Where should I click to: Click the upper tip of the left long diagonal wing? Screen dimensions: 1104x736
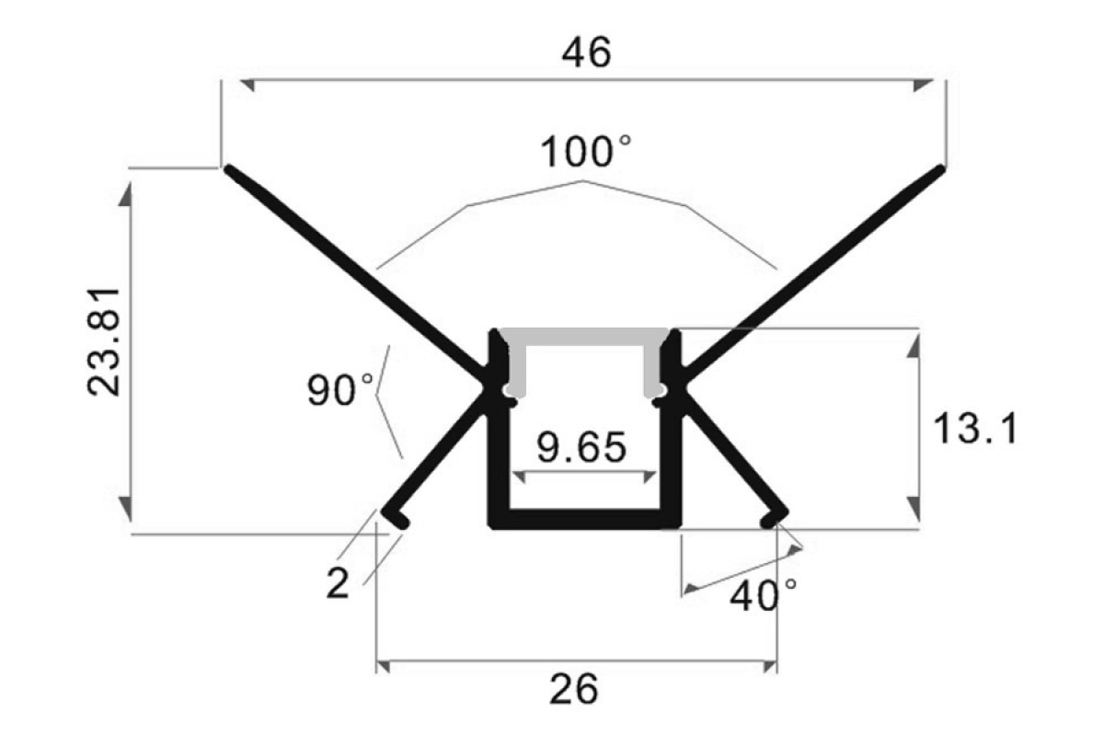pyautogui.click(x=227, y=169)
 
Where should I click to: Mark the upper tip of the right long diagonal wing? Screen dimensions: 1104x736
pyautogui.click(x=941, y=169)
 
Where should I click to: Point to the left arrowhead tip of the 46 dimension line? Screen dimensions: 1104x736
pyautogui.click(x=240, y=80)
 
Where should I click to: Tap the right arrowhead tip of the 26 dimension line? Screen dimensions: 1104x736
pyautogui.click(x=776, y=661)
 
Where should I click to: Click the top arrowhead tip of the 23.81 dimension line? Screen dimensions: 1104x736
pyautogui.click(x=126, y=181)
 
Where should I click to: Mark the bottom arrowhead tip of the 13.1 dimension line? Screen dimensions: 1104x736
pyautogui.click(x=914, y=522)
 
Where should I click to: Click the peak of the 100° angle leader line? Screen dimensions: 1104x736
pyautogui.click(x=583, y=181)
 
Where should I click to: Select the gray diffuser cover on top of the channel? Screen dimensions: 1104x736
pyautogui.click(x=583, y=362)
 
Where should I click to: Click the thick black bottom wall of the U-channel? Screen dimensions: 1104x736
pyautogui.click(x=584, y=519)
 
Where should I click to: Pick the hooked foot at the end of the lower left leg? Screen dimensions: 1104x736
pyautogui.click(x=396, y=519)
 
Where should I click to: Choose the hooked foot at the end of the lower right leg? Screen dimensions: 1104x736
pyautogui.click(x=775, y=519)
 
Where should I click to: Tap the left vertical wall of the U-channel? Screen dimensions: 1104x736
pyautogui.click(x=499, y=428)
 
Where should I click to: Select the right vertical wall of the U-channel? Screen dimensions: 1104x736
pyautogui.click(x=671, y=428)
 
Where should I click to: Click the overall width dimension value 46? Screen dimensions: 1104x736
pyautogui.click(x=586, y=52)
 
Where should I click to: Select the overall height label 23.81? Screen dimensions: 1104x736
pyautogui.click(x=103, y=342)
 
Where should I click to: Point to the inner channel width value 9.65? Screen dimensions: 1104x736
pyautogui.click(x=581, y=447)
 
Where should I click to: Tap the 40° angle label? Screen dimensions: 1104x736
pyautogui.click(x=764, y=595)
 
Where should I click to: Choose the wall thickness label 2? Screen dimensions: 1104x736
pyautogui.click(x=338, y=583)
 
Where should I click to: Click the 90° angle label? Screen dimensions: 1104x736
pyautogui.click(x=340, y=390)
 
